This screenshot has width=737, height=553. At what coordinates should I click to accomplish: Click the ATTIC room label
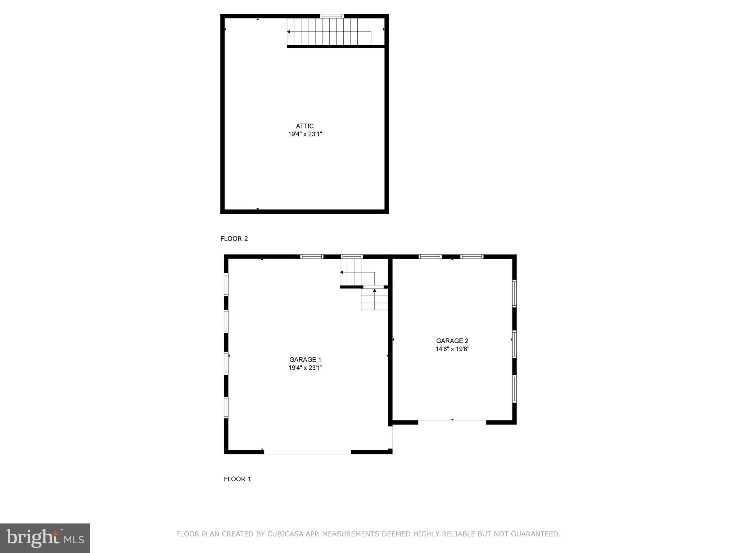(305, 126)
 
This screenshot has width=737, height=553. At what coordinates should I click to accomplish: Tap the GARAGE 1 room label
(305, 360)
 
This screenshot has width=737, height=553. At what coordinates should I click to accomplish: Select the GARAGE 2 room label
(452, 341)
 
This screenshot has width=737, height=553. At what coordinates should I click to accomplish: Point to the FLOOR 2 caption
(234, 239)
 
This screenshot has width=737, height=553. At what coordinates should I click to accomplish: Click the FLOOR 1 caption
(238, 479)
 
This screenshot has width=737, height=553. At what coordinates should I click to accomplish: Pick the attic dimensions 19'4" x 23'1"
(305, 134)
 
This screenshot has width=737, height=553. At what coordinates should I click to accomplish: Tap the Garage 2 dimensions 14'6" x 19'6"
(452, 349)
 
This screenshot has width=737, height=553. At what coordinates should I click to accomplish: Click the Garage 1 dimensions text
(305, 368)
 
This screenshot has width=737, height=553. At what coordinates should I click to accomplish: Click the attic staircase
(329, 32)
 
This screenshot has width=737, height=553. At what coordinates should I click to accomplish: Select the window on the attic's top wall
(332, 16)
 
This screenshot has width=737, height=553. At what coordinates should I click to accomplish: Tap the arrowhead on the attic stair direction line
(289, 32)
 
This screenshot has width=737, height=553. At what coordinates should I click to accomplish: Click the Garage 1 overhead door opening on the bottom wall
(307, 452)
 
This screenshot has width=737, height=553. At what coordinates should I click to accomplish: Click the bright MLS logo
(45, 538)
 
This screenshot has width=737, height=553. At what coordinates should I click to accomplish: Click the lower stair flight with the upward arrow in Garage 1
(375, 300)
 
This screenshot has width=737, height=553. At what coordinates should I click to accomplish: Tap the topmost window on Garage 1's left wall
(226, 284)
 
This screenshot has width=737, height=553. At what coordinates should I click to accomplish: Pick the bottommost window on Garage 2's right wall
(514, 389)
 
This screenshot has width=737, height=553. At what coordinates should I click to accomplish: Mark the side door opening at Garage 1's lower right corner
(390, 437)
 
